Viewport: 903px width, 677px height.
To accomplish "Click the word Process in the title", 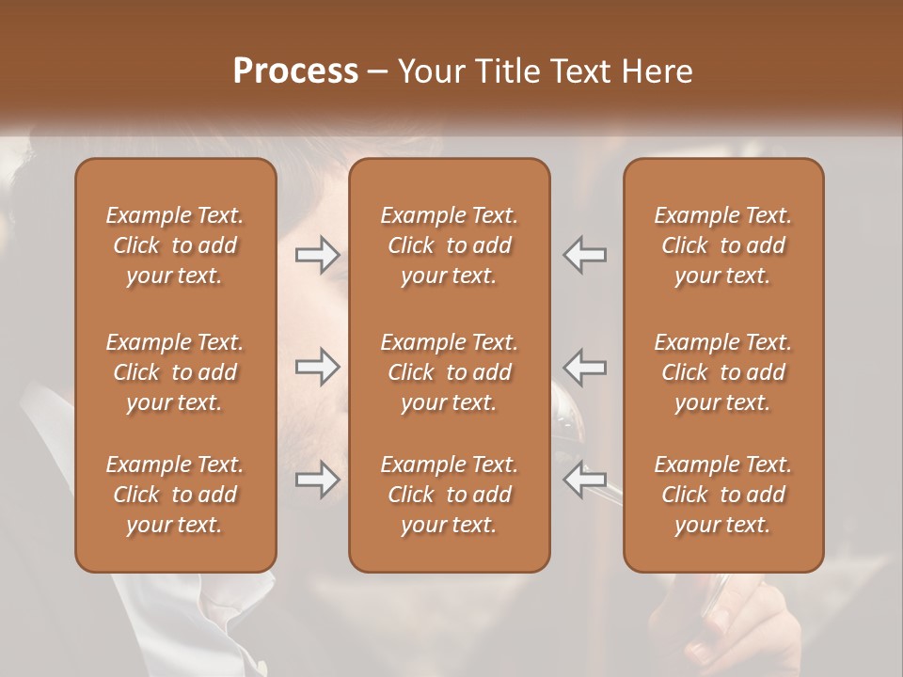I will click(x=295, y=71).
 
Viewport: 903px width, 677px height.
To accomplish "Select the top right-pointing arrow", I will click(x=317, y=255).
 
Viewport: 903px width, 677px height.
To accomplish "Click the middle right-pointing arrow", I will click(x=317, y=367).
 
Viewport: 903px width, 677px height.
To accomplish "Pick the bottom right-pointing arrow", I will click(x=317, y=480).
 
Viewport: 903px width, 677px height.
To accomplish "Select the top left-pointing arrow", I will click(x=585, y=255).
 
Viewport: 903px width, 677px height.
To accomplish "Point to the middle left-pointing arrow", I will click(x=585, y=367).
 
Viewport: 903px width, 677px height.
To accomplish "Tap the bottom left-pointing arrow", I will click(x=585, y=480).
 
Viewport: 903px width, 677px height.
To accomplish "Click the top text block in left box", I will click(x=175, y=245).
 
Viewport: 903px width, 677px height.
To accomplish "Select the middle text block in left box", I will click(x=175, y=372).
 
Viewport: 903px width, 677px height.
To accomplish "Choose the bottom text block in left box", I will click(x=175, y=495).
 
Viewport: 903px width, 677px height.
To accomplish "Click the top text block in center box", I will click(x=450, y=245).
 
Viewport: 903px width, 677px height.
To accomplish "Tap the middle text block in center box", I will click(x=450, y=372).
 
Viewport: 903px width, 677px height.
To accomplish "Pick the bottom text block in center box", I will click(x=450, y=495).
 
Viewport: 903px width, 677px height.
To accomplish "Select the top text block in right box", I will click(x=723, y=245).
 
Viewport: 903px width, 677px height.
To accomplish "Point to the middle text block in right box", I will click(x=723, y=372).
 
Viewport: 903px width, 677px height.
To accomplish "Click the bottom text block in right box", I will click(x=723, y=495).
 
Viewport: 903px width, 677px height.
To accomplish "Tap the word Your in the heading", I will click(x=430, y=71).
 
